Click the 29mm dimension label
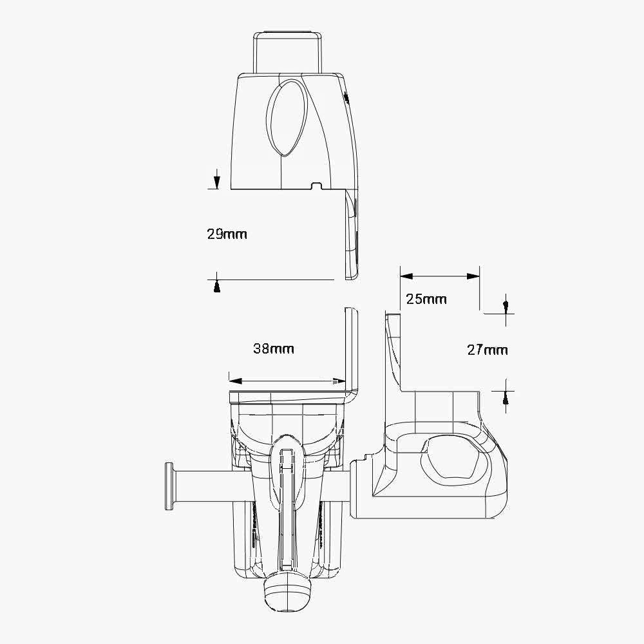(x=227, y=234)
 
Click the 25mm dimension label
(x=426, y=299)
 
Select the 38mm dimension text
(x=274, y=349)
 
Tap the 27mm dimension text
(x=488, y=350)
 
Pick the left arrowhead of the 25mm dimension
(x=406, y=276)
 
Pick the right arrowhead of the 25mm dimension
(x=473, y=276)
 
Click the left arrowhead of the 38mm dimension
(x=235, y=381)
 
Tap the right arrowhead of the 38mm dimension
(x=339, y=381)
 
